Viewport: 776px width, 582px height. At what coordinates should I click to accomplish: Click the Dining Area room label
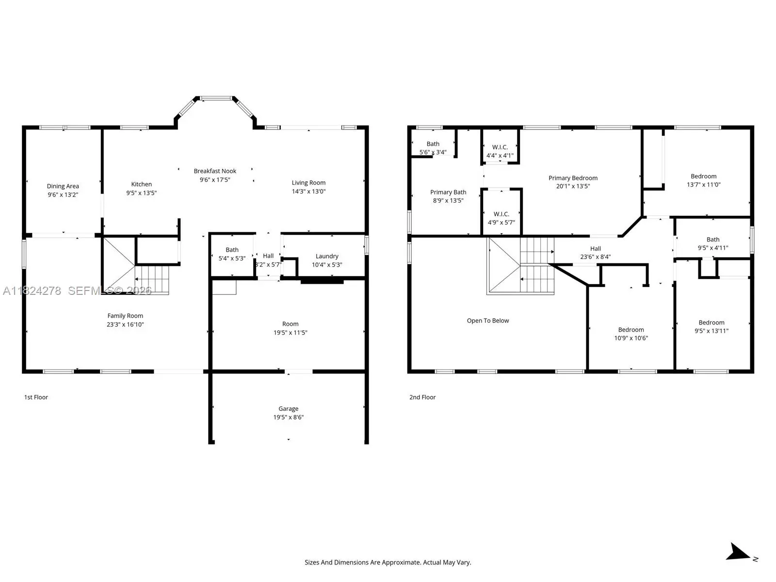click(x=63, y=186)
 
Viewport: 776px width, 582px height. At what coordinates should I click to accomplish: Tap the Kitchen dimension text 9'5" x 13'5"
click(x=142, y=193)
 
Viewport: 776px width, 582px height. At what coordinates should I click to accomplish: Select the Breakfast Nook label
click(x=215, y=171)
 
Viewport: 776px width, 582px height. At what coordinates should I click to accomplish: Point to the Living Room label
click(x=308, y=183)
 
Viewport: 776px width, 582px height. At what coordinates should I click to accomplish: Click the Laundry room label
click(x=327, y=256)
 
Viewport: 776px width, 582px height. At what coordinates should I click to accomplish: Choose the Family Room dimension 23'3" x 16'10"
click(x=125, y=324)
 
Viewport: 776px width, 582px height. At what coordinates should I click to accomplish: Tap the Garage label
click(x=289, y=408)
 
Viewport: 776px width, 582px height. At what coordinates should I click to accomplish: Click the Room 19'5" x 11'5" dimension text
click(x=290, y=333)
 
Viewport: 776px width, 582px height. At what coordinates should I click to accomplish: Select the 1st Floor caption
click(x=36, y=397)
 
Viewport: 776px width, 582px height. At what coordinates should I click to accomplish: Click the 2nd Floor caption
click(x=422, y=397)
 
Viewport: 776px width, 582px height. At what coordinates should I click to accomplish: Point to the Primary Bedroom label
click(x=573, y=178)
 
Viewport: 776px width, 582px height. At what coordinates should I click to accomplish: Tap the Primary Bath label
click(x=448, y=192)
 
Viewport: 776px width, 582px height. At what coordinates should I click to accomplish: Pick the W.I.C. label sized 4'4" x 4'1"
click(x=500, y=147)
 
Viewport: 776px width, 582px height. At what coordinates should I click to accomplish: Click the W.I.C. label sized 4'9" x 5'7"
click(x=501, y=214)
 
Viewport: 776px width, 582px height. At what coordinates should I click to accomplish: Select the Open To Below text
click(x=488, y=321)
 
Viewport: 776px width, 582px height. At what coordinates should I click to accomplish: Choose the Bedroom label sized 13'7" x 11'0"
click(x=704, y=177)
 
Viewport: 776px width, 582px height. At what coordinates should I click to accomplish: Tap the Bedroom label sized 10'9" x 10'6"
click(x=631, y=330)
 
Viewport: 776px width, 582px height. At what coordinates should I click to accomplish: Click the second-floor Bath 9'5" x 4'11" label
click(x=713, y=240)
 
